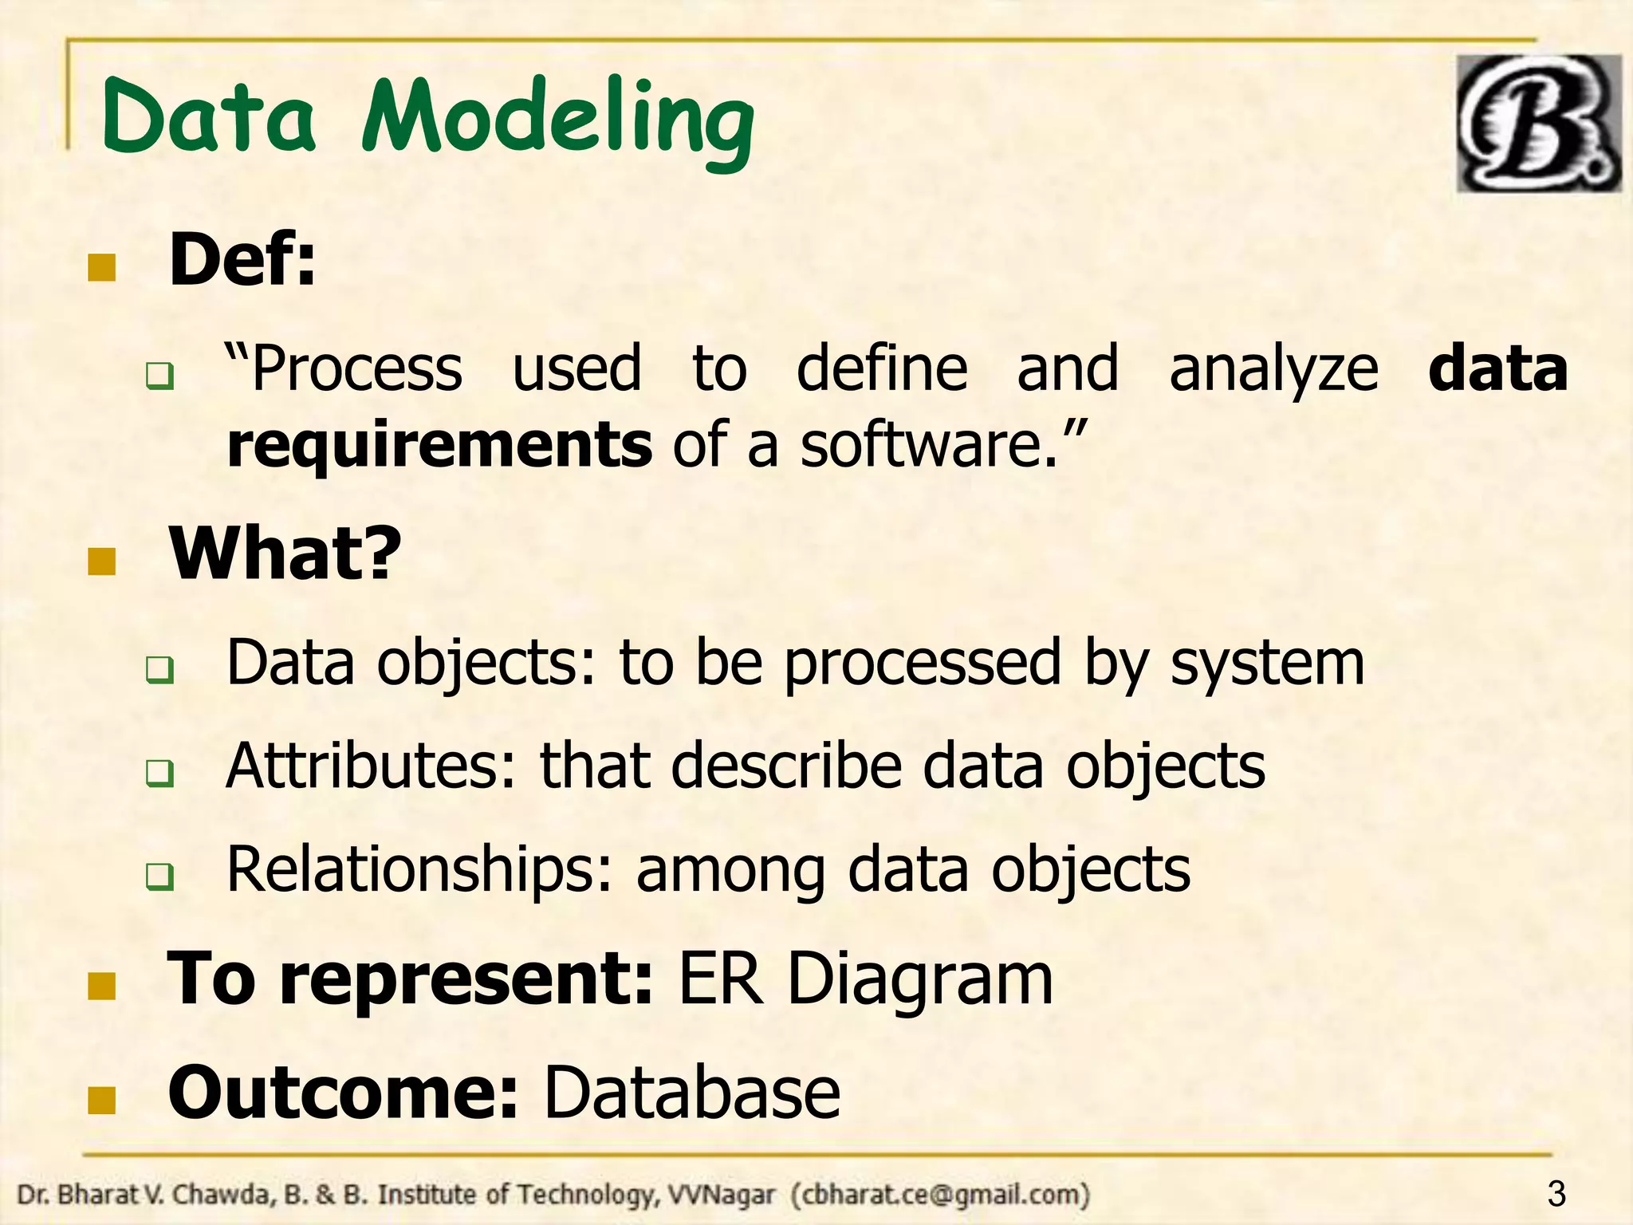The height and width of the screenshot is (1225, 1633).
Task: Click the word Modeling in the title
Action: point(558,120)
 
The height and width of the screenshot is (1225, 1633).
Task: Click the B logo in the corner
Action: point(1538,124)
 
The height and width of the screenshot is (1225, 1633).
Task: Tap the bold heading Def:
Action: point(242,260)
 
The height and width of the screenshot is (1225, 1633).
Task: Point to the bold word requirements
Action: point(439,445)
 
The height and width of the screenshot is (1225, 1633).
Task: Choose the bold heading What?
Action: point(285,553)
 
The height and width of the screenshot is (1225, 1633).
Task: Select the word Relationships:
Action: point(419,869)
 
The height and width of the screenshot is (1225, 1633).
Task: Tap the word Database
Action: point(691,1093)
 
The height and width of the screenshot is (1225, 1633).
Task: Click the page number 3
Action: point(1556,1194)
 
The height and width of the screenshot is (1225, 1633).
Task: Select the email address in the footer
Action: point(940,1195)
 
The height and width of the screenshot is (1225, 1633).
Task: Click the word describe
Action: point(785,766)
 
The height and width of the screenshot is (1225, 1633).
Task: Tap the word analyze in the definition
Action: point(1273,369)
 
